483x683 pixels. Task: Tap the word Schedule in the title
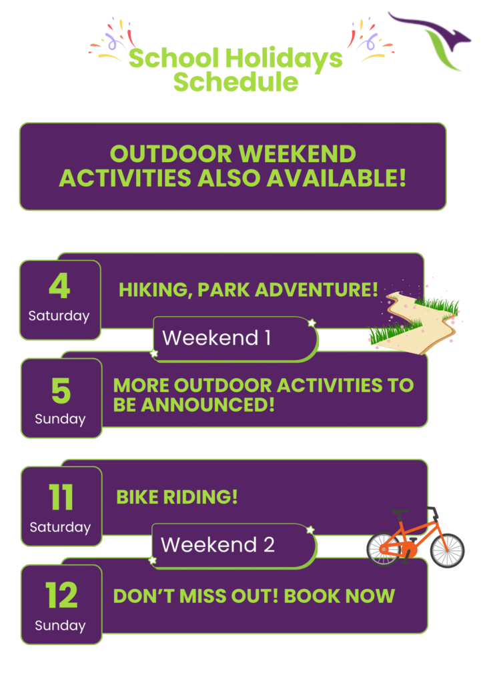[x=235, y=81]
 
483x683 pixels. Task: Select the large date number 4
[x=59, y=286]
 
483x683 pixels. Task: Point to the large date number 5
[x=61, y=391]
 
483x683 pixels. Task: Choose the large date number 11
[x=61, y=498]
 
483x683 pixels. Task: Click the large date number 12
[x=61, y=596]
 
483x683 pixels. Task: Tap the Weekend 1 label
[x=216, y=337]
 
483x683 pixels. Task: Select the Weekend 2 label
[x=217, y=544]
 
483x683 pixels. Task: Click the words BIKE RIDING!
[x=177, y=497]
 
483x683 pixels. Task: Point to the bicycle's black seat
[x=400, y=512]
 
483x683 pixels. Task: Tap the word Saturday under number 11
[x=60, y=527]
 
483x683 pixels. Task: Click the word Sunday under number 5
[x=60, y=419]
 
